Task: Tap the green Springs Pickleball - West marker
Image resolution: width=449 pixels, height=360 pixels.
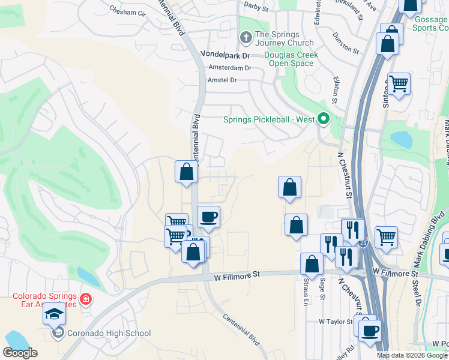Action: [324, 119]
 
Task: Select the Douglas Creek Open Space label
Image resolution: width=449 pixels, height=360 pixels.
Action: [291, 59]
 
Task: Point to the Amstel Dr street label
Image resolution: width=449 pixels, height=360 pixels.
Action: [222, 80]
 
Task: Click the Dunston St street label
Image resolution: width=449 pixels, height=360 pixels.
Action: [346, 43]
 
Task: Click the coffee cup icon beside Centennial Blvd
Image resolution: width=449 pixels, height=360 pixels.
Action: [208, 217]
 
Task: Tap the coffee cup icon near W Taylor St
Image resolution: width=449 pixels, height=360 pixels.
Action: [370, 329]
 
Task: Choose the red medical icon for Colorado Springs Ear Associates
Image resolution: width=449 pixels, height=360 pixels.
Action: [85, 298]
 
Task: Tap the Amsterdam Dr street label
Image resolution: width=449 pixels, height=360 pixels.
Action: [229, 68]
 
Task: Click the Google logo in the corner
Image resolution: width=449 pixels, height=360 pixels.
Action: [20, 352]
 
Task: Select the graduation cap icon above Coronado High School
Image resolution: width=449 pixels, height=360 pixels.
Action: [55, 316]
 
